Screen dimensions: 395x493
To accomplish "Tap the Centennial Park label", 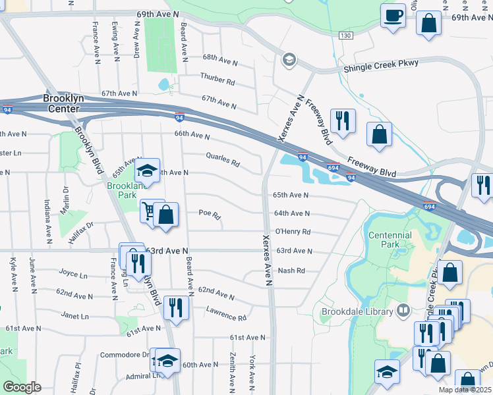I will [390, 240].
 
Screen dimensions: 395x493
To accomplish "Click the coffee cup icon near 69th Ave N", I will [393, 15].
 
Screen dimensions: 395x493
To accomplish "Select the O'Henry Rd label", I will [292, 232].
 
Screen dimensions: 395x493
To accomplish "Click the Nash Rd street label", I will [291, 271].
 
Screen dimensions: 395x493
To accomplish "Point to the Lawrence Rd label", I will [225, 313].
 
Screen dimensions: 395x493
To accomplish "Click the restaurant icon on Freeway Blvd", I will [343, 120].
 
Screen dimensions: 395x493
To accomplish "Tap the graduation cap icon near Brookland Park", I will [147, 171].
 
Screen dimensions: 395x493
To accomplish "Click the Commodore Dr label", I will [125, 354].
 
